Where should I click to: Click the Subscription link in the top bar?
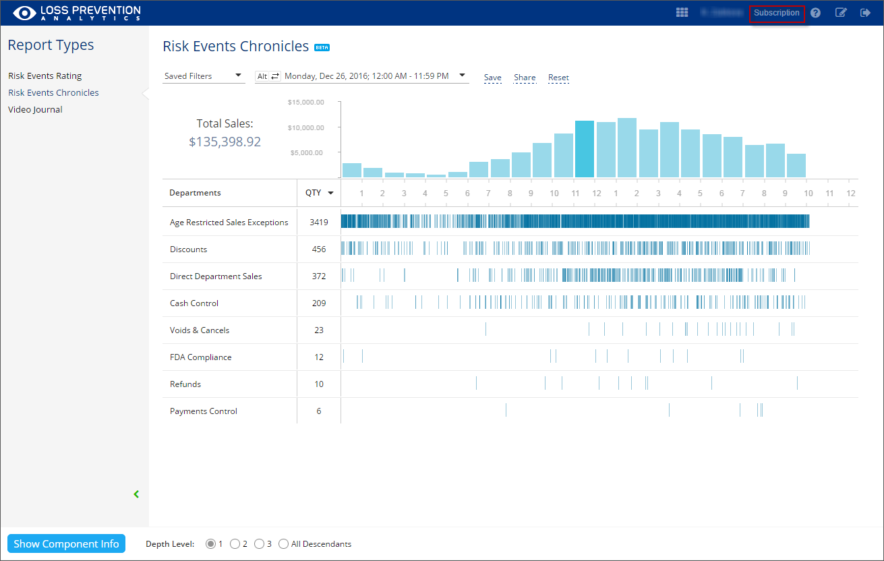(777, 13)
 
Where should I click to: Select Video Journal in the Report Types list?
(35, 109)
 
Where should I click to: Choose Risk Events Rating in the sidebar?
(45, 76)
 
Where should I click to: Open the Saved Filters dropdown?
(203, 76)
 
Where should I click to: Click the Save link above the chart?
(492, 78)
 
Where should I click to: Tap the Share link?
(525, 78)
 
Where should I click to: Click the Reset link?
(558, 78)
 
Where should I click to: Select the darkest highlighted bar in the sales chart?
(584, 149)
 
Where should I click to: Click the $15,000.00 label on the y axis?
(306, 102)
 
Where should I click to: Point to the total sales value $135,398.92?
(225, 142)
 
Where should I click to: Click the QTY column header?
(318, 193)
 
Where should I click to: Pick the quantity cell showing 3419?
(319, 223)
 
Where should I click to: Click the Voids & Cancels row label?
(200, 330)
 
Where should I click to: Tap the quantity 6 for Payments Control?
(319, 411)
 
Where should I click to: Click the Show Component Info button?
(66, 544)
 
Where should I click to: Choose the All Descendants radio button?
(283, 544)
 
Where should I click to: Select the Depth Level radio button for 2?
(235, 544)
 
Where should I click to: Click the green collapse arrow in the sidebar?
(136, 494)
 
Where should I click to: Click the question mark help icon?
(815, 13)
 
